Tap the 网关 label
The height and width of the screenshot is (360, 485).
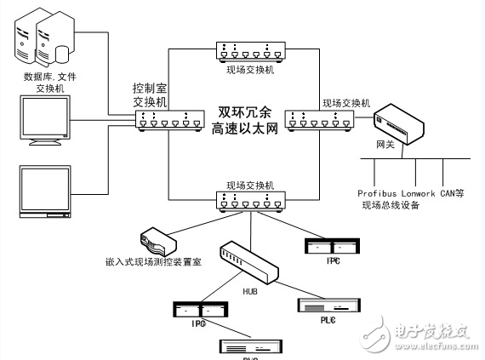(385, 146)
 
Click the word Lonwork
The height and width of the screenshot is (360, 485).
(418, 193)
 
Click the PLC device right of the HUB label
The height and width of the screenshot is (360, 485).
(320, 306)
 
